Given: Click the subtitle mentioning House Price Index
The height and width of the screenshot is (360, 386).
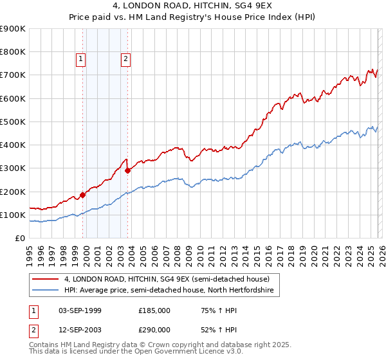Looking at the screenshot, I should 193,19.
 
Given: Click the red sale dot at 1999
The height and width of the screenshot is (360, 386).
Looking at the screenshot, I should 82,195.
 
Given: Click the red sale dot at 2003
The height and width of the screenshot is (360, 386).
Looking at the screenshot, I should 128,170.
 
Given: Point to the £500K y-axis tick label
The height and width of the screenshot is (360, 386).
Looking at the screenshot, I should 12,122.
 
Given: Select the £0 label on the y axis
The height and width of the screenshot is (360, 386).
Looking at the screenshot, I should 20,238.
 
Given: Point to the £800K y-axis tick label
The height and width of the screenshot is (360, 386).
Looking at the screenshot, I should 12,52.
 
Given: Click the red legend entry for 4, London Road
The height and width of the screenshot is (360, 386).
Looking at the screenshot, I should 171,279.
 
